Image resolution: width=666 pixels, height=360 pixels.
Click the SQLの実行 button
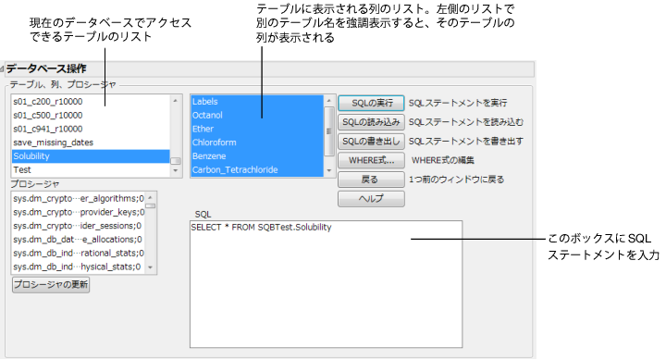[371, 103]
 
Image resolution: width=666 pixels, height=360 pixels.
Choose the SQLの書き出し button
[371, 142]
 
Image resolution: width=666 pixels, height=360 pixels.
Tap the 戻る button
[371, 180]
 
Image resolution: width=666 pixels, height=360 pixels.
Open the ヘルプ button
[371, 199]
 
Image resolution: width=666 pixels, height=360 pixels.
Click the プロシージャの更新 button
[51, 285]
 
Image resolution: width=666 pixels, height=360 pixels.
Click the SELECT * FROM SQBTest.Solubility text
[261, 228]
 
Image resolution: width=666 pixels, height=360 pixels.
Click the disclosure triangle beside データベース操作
[4, 68]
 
